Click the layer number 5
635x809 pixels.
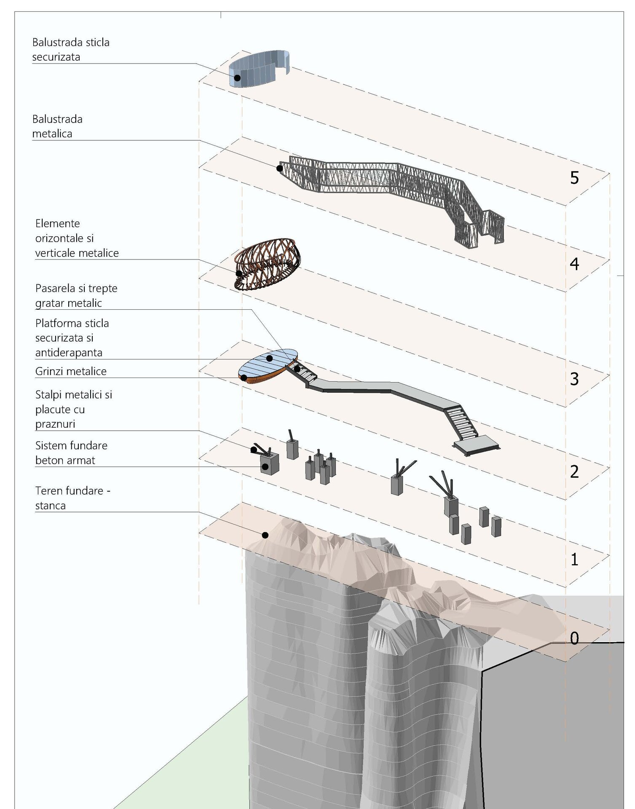click(x=574, y=178)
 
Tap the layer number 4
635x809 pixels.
click(x=574, y=264)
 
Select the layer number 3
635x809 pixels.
click(x=574, y=379)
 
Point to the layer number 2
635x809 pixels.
click(x=574, y=472)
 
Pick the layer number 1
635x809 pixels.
click(x=574, y=560)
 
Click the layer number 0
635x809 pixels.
click(x=574, y=638)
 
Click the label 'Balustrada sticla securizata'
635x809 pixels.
click(x=70, y=50)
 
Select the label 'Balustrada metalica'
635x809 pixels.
click(x=57, y=126)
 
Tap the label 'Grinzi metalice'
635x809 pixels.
click(x=71, y=371)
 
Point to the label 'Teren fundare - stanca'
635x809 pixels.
click(x=72, y=498)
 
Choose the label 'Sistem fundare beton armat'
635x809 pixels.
click(x=71, y=453)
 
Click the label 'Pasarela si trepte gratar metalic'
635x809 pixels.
click(x=76, y=296)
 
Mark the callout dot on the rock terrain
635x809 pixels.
click(x=265, y=535)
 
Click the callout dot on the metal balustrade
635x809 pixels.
click(x=279, y=168)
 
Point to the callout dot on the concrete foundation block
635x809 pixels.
click(x=265, y=466)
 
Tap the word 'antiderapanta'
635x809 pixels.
click(x=69, y=353)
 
